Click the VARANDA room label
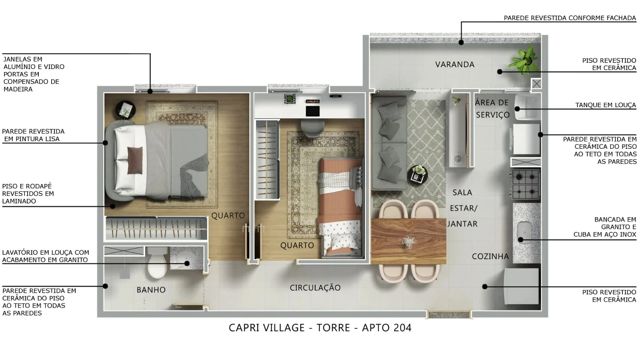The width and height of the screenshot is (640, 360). (455, 64)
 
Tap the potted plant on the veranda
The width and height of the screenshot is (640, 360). (525, 60)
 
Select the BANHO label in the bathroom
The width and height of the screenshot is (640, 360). (151, 290)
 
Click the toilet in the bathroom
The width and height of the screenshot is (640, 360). (157, 263)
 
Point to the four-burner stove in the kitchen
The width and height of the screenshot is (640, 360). (526, 184)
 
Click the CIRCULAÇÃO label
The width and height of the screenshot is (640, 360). (315, 288)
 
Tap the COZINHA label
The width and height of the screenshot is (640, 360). (490, 256)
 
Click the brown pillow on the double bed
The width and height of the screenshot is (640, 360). (135, 160)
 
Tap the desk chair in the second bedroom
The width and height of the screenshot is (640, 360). (312, 128)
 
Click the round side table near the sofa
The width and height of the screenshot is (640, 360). (418, 175)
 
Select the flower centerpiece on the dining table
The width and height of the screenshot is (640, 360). (409, 242)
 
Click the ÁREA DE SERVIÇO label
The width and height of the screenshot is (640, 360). (492, 109)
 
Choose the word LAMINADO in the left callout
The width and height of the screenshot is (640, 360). (19, 201)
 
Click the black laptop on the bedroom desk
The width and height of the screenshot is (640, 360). (312, 111)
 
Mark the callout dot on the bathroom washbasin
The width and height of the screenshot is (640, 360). (187, 264)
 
